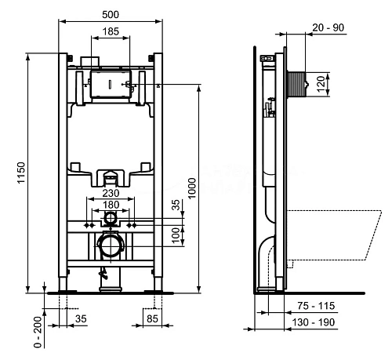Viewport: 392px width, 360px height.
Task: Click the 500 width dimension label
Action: [111, 15]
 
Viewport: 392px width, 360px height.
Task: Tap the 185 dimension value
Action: [111, 31]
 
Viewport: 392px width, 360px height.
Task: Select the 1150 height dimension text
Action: [21, 173]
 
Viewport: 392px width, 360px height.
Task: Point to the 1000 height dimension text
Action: [192, 188]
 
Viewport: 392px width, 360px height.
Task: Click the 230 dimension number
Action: [111, 193]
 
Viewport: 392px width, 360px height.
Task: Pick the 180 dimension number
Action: [111, 205]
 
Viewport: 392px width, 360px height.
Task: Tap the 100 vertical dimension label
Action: [176, 235]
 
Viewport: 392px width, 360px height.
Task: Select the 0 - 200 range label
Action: [38, 332]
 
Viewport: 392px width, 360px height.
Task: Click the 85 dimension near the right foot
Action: [152, 319]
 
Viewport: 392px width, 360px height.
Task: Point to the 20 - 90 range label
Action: [328, 27]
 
